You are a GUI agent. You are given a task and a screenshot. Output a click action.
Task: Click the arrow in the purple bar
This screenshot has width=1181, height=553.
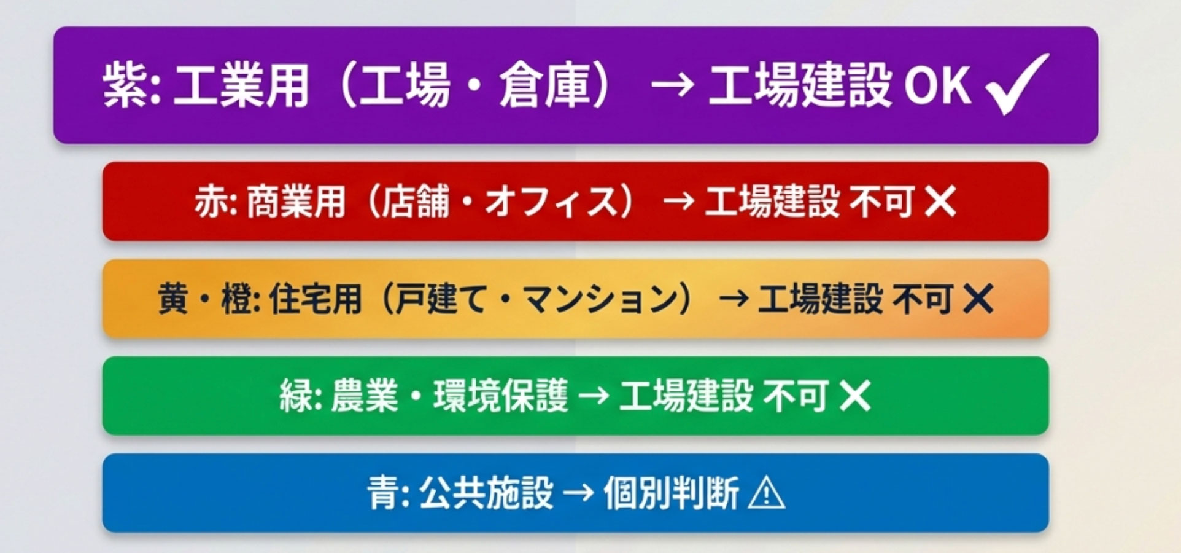pyautogui.click(x=672, y=85)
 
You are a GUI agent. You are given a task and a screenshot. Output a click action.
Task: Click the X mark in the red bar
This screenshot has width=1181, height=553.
pyautogui.click(x=940, y=202)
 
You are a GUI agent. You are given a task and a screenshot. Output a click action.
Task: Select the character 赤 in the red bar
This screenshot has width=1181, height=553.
pyautogui.click(x=211, y=202)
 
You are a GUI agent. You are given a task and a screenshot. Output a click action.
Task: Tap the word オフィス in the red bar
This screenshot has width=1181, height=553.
pyautogui.click(x=551, y=202)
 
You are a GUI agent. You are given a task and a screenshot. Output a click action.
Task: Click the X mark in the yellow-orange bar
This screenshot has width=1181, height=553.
pyautogui.click(x=978, y=299)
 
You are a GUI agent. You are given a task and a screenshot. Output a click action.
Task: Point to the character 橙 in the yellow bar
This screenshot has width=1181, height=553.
pyautogui.click(x=236, y=299)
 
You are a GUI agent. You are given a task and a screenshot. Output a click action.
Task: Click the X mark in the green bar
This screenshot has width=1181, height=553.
pyautogui.click(x=855, y=396)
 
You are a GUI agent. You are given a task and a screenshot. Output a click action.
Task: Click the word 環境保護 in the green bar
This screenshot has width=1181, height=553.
pyautogui.click(x=501, y=396)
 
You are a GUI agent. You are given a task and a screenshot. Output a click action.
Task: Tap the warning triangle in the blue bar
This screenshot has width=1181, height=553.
pyautogui.click(x=767, y=493)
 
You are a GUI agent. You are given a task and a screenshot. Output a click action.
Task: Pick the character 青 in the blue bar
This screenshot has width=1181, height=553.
pyautogui.click(x=384, y=493)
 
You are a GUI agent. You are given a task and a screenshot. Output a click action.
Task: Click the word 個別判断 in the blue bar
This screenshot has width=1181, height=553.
pyautogui.click(x=672, y=493)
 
